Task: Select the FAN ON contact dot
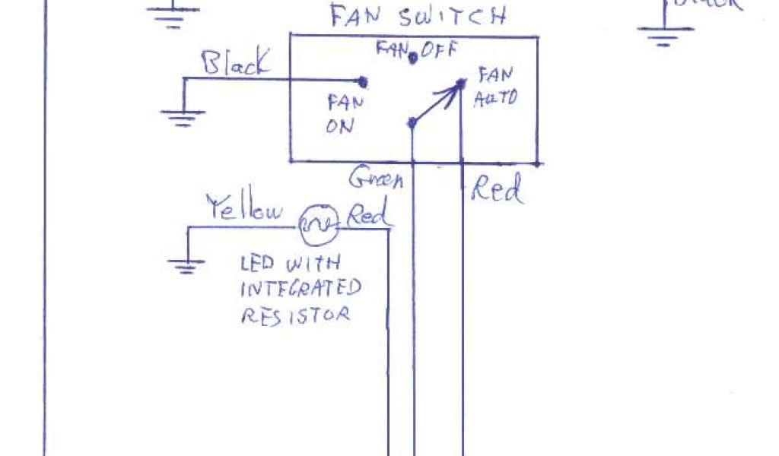click(363, 81)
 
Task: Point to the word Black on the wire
click(235, 63)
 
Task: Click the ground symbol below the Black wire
click(183, 115)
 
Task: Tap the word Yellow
click(245, 208)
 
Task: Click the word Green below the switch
click(376, 179)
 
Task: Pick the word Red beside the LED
click(369, 214)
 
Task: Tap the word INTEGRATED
click(301, 289)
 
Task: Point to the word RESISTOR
click(295, 314)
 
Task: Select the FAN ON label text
click(340, 113)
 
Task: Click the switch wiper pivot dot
click(412, 122)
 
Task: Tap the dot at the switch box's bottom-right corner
click(538, 162)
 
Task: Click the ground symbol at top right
click(665, 33)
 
